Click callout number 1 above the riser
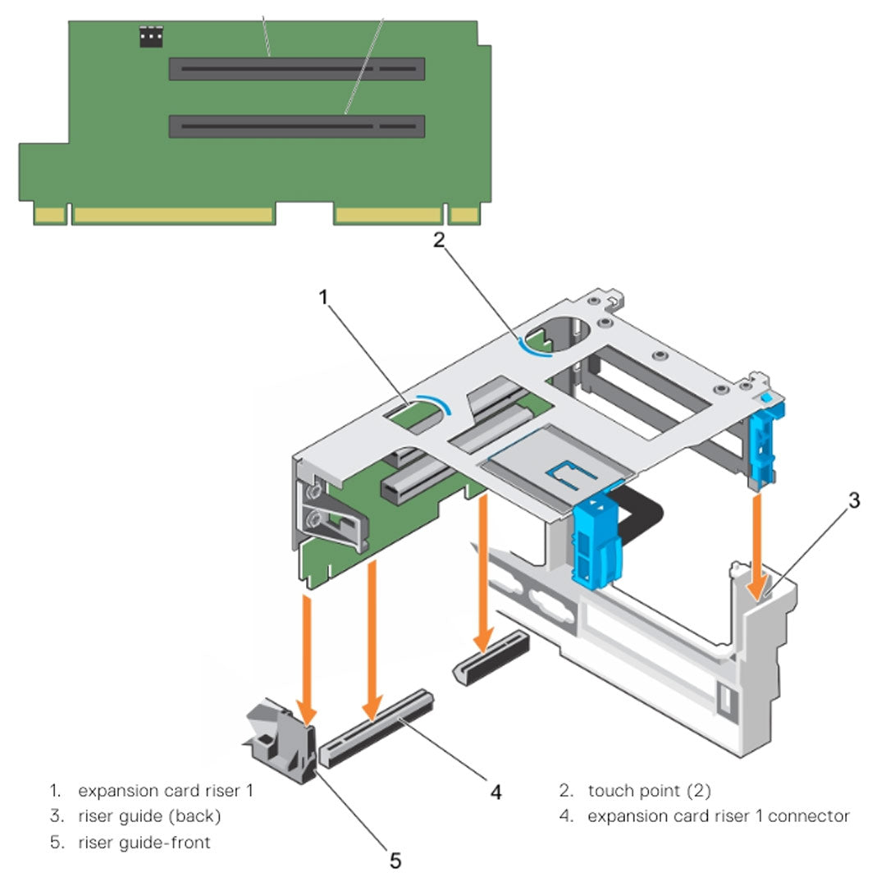pyautogui.click(x=324, y=296)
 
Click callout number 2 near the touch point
pyautogui.click(x=439, y=240)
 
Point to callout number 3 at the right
pyautogui.click(x=853, y=500)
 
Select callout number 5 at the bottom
pyautogui.click(x=395, y=860)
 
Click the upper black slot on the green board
pyautogui.click(x=296, y=69)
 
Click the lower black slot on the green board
pyautogui.click(x=296, y=126)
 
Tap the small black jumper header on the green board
pyautogui.click(x=151, y=37)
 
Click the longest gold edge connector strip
pyautogui.click(x=173, y=215)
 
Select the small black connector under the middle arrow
pyautogui.click(x=491, y=660)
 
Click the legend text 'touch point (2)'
pyautogui.click(x=649, y=791)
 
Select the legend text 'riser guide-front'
pyautogui.click(x=144, y=842)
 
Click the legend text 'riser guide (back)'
pyautogui.click(x=149, y=816)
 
